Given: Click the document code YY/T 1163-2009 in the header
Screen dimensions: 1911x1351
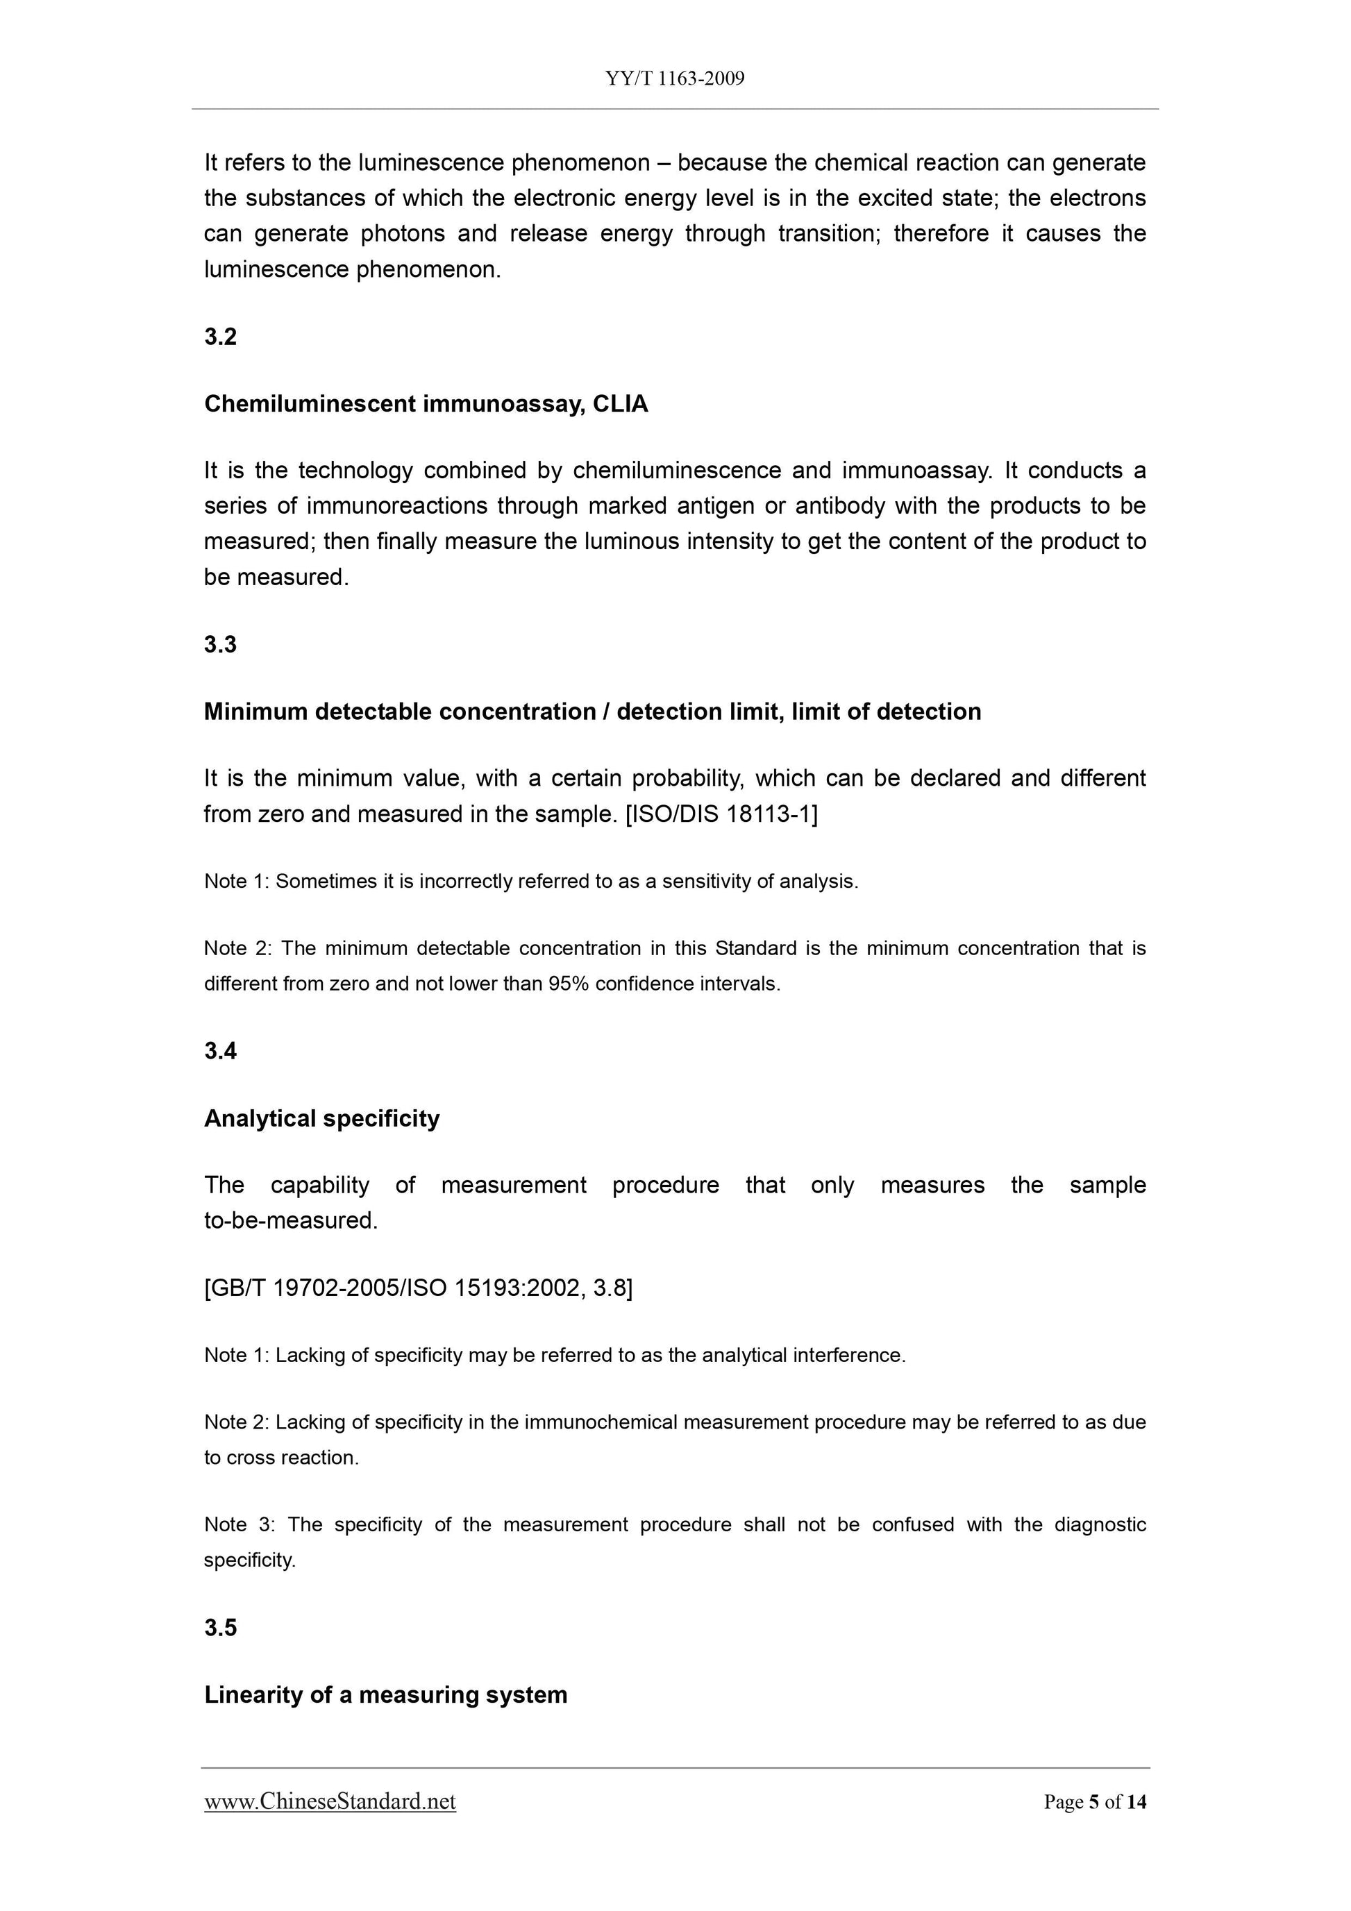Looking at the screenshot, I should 674,79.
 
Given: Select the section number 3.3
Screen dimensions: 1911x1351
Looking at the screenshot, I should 221,644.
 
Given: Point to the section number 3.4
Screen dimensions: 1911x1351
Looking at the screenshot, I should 221,1051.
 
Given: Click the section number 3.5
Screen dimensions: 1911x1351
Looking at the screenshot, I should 221,1627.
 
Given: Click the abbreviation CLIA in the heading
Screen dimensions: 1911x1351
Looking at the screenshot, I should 620,405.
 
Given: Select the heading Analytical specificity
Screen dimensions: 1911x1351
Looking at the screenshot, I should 321,1119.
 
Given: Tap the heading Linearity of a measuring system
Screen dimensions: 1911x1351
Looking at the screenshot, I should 385,1694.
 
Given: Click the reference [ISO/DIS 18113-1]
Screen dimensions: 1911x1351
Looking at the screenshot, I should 721,814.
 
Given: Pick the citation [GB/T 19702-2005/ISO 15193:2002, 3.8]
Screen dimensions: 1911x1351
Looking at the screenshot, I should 418,1288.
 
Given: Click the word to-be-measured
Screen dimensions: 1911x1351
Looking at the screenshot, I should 290,1221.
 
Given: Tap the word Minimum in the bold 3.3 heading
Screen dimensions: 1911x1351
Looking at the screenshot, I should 255,712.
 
